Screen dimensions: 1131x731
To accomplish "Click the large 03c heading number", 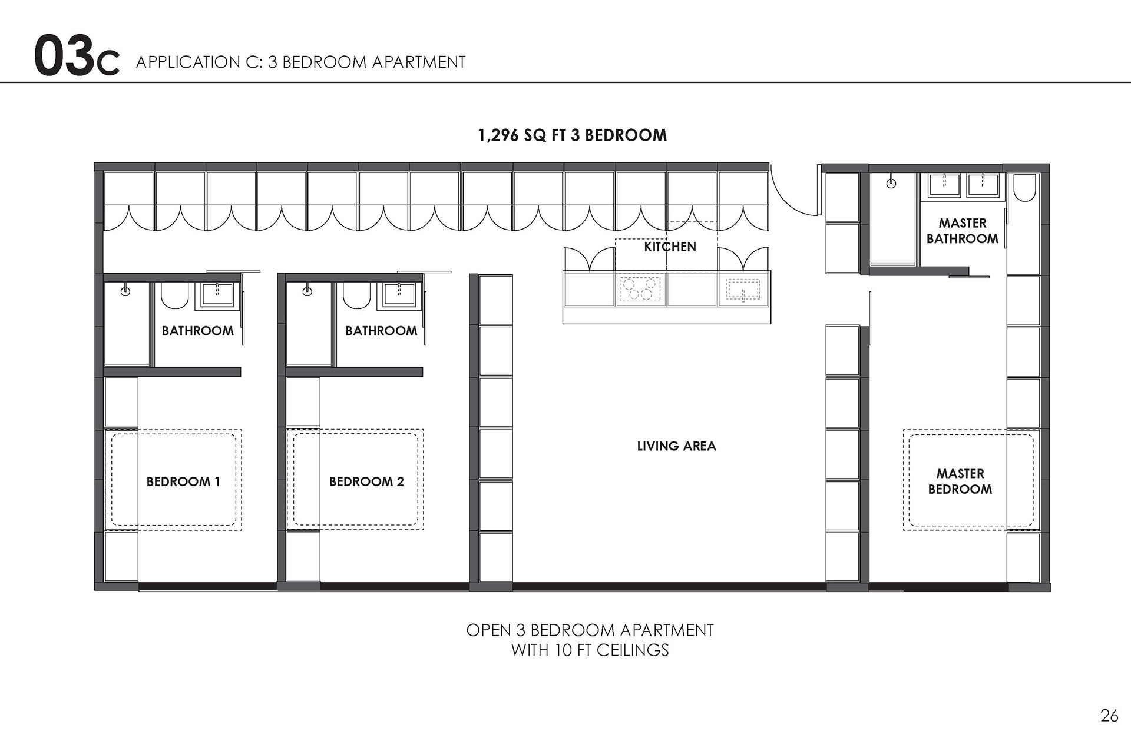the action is point(77,57).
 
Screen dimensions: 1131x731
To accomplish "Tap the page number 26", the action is point(1109,715).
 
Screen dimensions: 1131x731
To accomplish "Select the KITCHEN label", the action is point(670,247).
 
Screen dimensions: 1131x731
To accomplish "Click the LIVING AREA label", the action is point(676,446).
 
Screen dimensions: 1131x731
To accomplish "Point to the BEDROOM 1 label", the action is point(183,481).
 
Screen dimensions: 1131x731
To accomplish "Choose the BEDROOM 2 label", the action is point(366,481).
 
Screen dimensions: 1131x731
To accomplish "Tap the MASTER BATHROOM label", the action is point(963,231).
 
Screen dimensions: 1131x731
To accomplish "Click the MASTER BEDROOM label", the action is point(960,481).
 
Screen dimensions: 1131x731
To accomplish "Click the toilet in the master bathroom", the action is point(1025,187).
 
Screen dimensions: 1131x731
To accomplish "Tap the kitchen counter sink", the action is point(743,290).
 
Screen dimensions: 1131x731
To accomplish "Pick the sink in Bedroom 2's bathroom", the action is point(398,294).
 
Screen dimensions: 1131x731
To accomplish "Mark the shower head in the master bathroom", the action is point(891,183).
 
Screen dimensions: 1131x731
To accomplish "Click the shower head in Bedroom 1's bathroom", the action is point(125,291).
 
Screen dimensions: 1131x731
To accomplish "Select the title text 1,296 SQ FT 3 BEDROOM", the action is point(572,135).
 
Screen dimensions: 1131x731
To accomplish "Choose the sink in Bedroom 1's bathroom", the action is point(216,294).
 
